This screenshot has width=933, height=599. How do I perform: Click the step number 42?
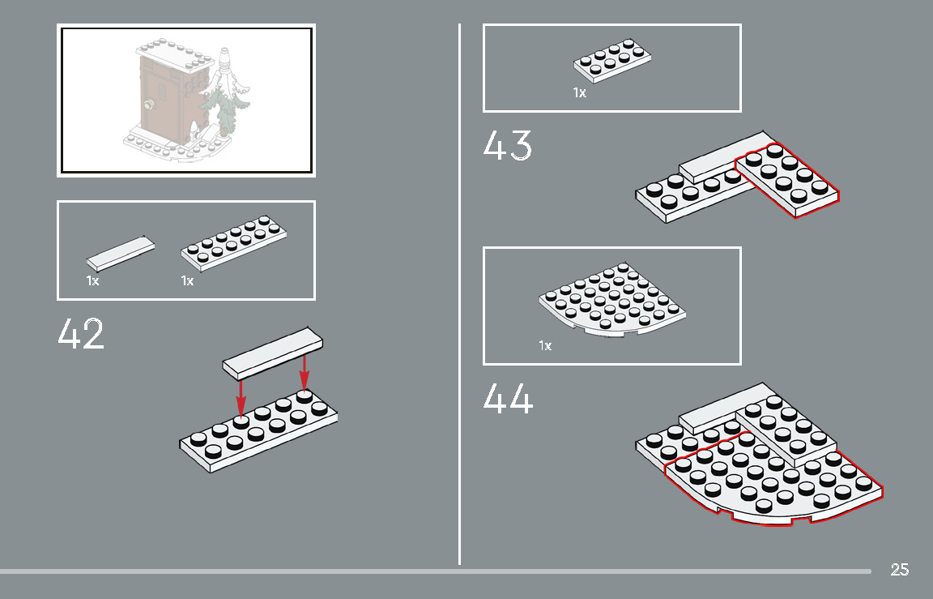[81, 334]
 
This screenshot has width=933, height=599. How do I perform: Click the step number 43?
[507, 146]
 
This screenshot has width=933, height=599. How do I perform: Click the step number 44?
[508, 399]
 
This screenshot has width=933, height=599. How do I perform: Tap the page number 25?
[899, 570]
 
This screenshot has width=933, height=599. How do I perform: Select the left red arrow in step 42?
[241, 397]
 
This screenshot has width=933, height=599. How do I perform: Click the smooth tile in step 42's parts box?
[120, 253]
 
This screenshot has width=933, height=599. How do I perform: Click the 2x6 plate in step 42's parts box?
[234, 242]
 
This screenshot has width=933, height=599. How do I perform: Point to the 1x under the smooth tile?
[92, 281]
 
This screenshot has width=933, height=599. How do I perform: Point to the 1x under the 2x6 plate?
[187, 281]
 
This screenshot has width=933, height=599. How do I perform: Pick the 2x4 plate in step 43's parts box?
[613, 60]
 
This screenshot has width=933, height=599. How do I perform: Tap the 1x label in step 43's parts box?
[579, 93]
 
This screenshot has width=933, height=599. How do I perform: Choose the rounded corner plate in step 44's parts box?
[612, 301]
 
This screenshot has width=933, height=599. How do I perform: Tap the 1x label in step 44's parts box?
[545, 346]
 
